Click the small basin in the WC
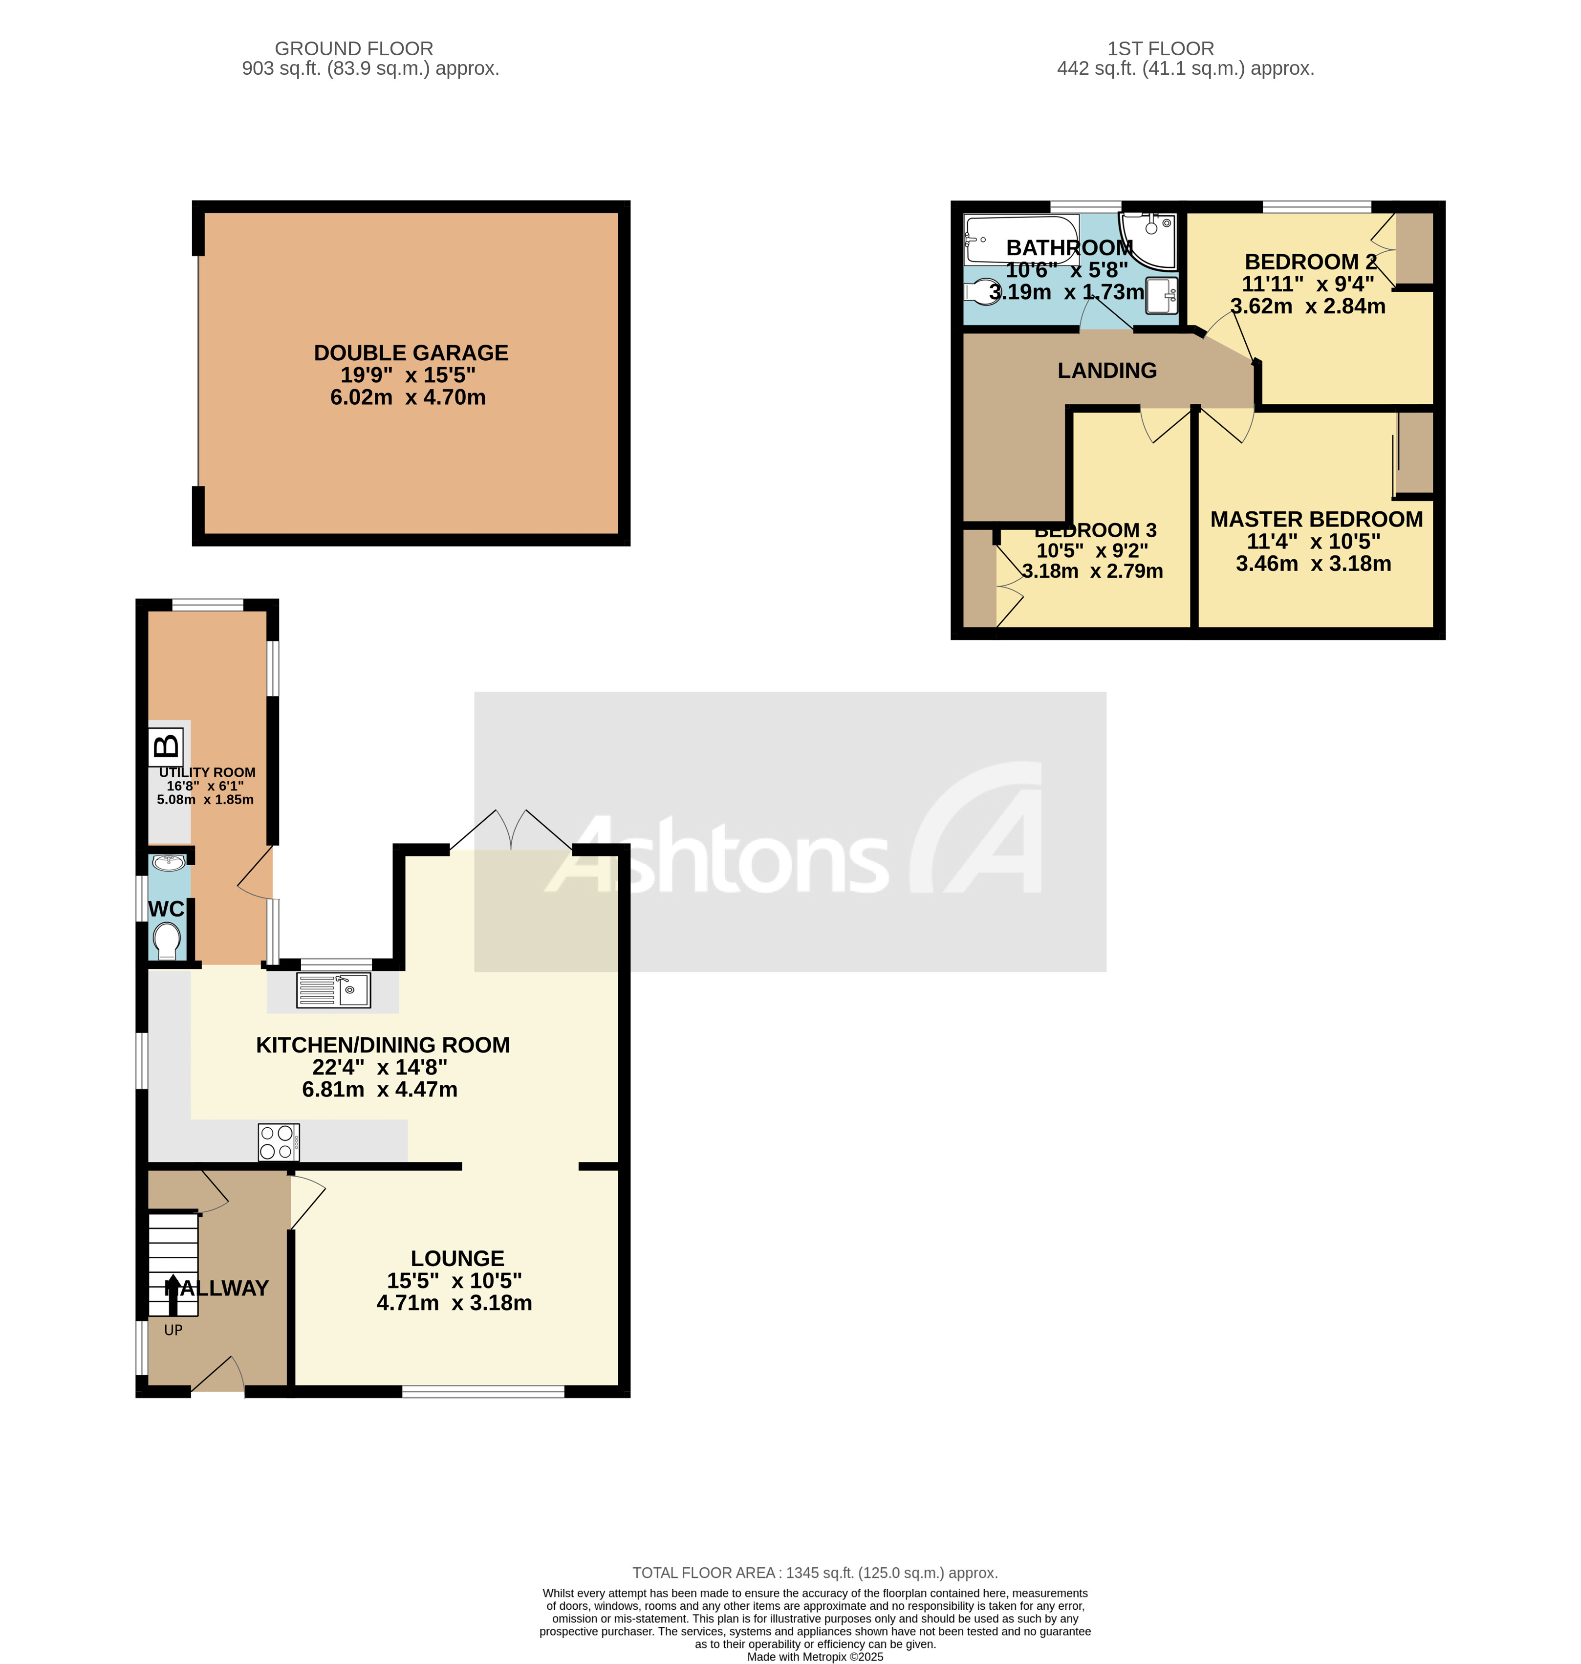(x=169, y=863)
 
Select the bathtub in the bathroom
(x=1020, y=240)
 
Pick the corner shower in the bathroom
(x=1149, y=236)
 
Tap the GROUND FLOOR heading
(x=354, y=49)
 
